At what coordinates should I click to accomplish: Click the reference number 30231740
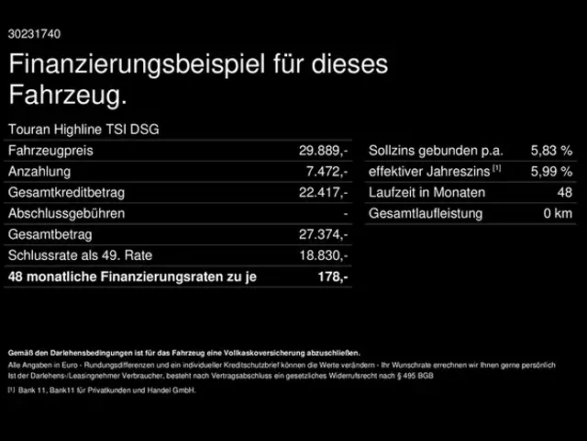(35, 34)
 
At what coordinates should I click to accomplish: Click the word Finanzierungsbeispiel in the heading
(133, 66)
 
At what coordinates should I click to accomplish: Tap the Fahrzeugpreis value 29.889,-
(324, 151)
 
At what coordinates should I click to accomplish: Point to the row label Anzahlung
(39, 172)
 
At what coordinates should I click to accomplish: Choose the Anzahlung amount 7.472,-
(327, 172)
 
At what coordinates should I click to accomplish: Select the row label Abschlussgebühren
(65, 214)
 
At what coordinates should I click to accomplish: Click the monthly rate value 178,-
(334, 277)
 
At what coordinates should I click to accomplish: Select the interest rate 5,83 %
(551, 151)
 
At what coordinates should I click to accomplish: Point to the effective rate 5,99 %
(551, 172)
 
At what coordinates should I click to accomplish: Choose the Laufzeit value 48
(564, 193)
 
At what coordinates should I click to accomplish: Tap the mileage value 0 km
(558, 214)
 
